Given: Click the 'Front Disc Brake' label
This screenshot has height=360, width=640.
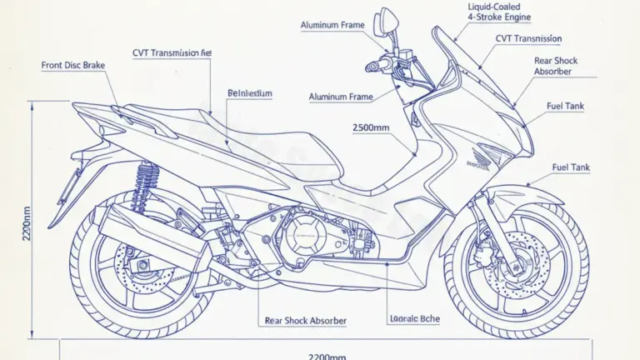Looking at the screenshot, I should click(73, 65).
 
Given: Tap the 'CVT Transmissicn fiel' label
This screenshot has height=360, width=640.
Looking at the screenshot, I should click(172, 52).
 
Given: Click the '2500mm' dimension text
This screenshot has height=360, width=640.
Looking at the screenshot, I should click(372, 127).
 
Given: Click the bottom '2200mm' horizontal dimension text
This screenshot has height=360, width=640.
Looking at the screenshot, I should click(327, 355).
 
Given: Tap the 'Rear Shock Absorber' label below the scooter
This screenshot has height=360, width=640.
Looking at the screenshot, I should click(305, 320).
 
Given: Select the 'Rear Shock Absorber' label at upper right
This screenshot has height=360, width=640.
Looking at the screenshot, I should click(556, 66).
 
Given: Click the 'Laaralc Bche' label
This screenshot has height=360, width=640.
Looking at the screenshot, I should click(414, 319).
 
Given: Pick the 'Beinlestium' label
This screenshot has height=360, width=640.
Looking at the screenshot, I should click(250, 94).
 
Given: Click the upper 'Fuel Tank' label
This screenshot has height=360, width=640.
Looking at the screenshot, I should click(565, 106).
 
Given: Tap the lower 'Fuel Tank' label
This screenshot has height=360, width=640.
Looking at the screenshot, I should click(571, 167).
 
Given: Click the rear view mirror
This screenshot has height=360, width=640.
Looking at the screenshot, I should click(389, 20).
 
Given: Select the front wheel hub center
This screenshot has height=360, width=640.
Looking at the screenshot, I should click(515, 267).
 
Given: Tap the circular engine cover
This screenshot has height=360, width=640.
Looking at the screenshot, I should click(305, 236).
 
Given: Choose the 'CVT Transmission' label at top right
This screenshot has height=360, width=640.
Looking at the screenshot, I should click(528, 39).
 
